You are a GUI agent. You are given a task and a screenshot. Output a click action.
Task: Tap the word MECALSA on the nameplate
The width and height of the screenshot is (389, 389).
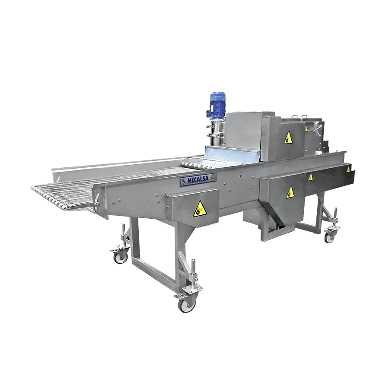(198, 180)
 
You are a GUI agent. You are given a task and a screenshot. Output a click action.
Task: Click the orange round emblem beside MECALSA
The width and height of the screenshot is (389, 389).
(213, 177)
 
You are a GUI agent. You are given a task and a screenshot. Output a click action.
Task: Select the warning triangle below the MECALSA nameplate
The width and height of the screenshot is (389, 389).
(199, 209)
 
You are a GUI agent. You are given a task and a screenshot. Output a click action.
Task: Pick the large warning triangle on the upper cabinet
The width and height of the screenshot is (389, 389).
(288, 138)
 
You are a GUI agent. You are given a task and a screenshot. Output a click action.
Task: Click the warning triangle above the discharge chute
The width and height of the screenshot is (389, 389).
(290, 192)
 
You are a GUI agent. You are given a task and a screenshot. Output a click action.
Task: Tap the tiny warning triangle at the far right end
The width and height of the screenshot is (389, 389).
(348, 169)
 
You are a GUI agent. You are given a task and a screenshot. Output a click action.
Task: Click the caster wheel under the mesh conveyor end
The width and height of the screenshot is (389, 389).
(121, 258)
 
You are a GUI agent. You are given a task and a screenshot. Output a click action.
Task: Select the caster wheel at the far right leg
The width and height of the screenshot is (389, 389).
(329, 238)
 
